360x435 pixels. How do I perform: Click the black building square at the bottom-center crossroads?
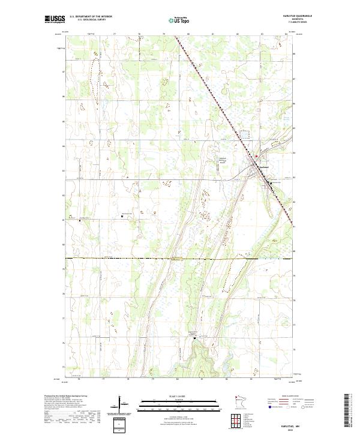click(194, 338)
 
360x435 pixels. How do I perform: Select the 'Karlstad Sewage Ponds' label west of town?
click(222, 160)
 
